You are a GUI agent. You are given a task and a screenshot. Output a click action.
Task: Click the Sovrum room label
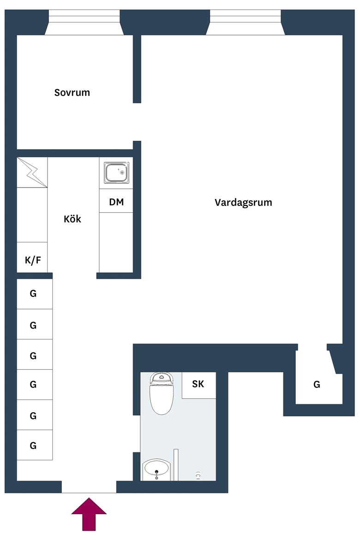(x=72, y=92)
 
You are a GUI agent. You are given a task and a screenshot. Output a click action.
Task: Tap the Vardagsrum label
(x=243, y=203)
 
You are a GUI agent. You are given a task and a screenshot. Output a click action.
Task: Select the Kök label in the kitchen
(x=72, y=219)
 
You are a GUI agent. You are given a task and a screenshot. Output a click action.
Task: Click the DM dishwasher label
(x=116, y=202)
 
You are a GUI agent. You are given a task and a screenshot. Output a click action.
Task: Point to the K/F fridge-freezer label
(x=33, y=260)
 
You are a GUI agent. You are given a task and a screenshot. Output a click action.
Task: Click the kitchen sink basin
(x=117, y=173)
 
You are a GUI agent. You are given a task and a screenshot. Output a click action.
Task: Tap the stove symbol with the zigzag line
(x=32, y=173)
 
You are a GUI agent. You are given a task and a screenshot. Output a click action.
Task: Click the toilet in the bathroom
(x=161, y=393)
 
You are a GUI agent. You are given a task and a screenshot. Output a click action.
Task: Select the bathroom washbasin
(x=157, y=469)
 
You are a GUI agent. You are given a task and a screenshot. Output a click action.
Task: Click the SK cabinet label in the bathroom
(x=198, y=384)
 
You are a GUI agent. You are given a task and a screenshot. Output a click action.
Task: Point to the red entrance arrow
(x=89, y=514)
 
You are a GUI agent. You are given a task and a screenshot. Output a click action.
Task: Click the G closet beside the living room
(x=317, y=384)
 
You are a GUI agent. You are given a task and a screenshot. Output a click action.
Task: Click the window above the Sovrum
(x=84, y=23)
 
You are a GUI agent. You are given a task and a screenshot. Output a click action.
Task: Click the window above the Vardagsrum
(x=245, y=23)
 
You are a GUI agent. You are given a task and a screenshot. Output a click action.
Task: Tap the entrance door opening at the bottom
(x=89, y=487)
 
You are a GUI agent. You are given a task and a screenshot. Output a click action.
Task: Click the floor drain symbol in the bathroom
(x=198, y=476)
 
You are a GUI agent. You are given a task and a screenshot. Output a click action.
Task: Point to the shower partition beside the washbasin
(x=176, y=465)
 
